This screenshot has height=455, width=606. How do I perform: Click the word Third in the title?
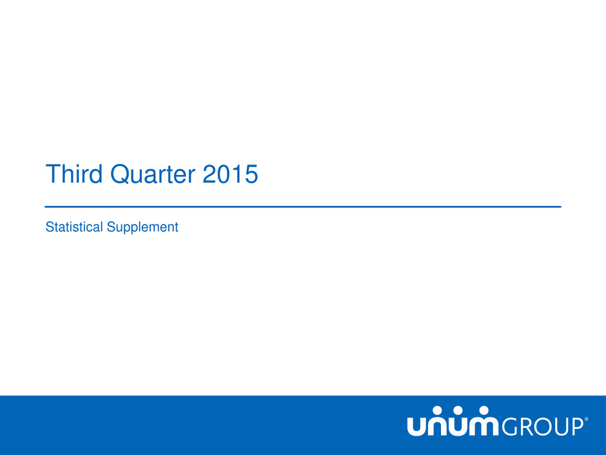click(74, 174)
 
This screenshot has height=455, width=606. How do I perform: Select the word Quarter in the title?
click(153, 174)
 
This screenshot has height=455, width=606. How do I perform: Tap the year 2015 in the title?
click(230, 174)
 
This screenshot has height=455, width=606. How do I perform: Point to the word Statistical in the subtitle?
click(74, 227)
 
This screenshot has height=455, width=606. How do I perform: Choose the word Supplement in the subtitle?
click(142, 228)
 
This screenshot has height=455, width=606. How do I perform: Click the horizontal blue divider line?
click(303, 207)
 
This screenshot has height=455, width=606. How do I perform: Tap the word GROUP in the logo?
click(543, 427)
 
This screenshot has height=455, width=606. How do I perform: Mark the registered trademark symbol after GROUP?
click(586, 419)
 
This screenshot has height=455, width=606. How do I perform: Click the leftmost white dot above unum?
click(436, 410)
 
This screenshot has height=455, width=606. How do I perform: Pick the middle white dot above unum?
click(458, 410)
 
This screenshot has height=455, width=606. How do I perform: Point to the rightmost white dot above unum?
click(484, 410)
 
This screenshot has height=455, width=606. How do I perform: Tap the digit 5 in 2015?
click(250, 174)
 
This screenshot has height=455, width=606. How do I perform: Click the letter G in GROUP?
click(510, 427)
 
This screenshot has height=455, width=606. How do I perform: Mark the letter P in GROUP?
click(576, 427)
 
